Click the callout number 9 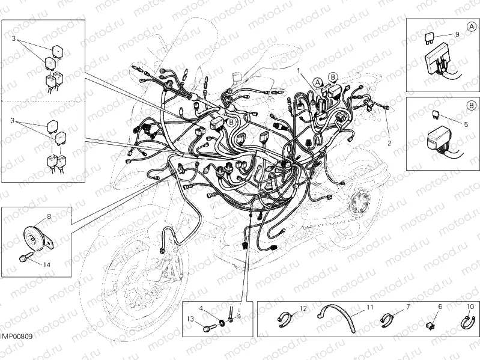pos(457,34)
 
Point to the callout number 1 pos(298,70)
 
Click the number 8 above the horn pos(49,215)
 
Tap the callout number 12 pos(303,308)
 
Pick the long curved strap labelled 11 pos(337,316)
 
